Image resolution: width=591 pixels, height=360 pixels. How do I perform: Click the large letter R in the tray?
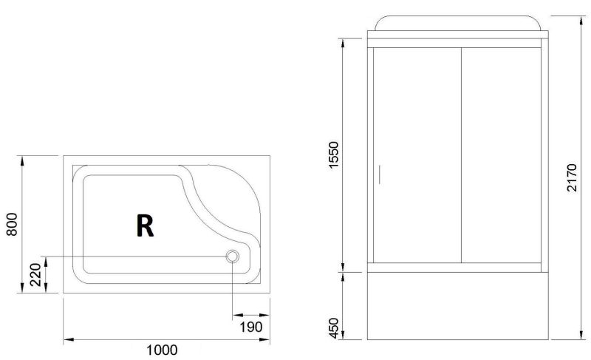(x=145, y=225)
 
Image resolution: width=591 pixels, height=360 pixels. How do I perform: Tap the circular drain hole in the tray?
(x=233, y=257)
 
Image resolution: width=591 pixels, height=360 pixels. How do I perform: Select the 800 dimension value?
(x=12, y=224)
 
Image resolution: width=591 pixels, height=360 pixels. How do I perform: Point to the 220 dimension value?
(x=35, y=275)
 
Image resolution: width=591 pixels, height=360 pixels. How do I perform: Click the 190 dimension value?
(x=251, y=327)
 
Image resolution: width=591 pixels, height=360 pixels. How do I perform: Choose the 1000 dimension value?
(x=162, y=350)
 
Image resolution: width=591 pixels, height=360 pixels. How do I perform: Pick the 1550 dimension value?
(x=334, y=155)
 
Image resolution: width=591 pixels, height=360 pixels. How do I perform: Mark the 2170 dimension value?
(x=572, y=177)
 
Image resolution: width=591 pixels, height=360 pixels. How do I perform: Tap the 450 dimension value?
(x=334, y=328)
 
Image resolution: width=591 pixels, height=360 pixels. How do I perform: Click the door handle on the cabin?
(x=379, y=174)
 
